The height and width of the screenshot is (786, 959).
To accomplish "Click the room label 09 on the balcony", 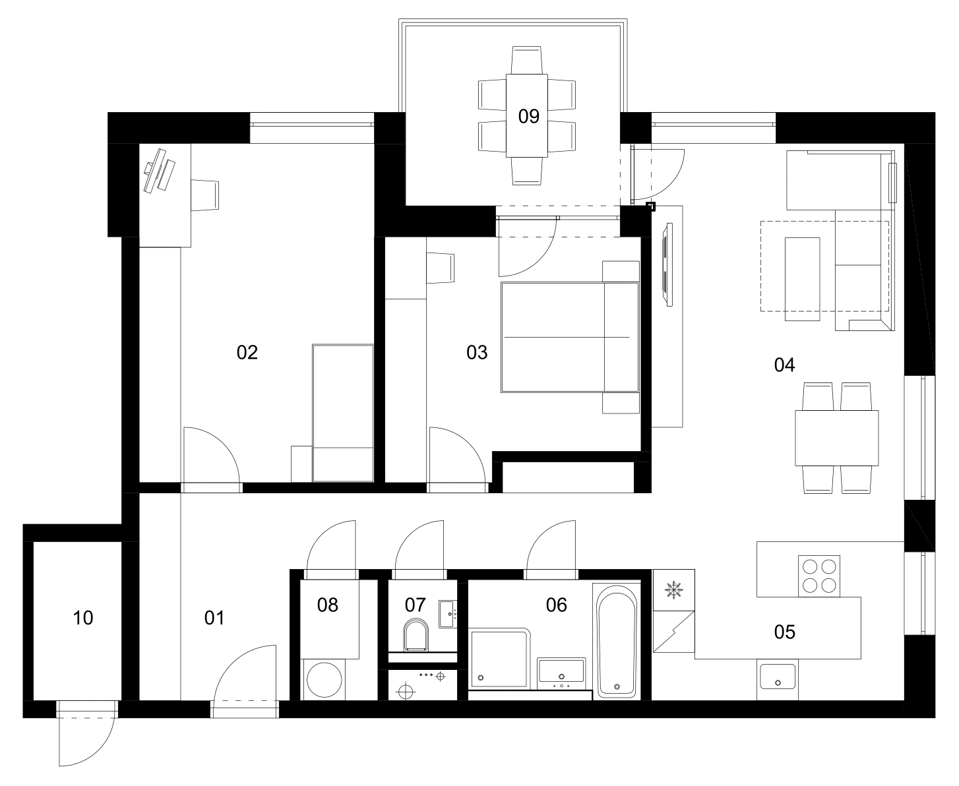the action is tap(528, 116).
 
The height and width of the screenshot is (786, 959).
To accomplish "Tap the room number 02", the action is tap(247, 352).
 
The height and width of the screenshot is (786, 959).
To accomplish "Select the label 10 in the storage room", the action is tap(82, 618).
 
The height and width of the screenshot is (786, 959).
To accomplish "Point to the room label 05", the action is tap(784, 632).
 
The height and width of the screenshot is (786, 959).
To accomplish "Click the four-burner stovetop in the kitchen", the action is tap(819, 576).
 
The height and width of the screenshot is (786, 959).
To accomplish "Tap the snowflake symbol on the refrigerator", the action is tap(674, 590).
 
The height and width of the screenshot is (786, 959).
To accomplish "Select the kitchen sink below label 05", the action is tap(778, 677).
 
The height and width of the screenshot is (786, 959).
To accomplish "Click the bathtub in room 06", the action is tap(617, 641).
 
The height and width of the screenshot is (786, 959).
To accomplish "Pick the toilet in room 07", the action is tap(416, 634).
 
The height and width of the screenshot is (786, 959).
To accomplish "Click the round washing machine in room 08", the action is tap(325, 680).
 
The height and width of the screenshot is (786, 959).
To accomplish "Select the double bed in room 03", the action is tap(570, 338).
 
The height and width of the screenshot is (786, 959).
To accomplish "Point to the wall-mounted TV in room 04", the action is tap(667, 264).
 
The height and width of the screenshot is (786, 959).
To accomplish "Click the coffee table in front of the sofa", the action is tap(802, 279).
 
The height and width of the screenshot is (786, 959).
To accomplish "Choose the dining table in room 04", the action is tap(837, 438).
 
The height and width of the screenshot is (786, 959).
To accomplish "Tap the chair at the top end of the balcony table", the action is tap(526, 60).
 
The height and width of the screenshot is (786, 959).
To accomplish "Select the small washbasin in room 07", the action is tap(447, 614).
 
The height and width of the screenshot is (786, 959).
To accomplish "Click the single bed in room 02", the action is tap(343, 413).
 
